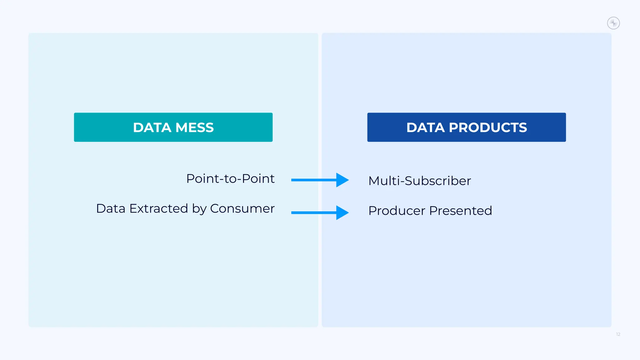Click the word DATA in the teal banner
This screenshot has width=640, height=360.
click(152, 127)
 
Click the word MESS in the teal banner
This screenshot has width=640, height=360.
click(194, 127)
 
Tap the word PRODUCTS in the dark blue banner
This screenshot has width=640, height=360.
click(488, 127)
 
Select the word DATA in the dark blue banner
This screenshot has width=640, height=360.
click(426, 127)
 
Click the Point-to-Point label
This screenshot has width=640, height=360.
click(230, 179)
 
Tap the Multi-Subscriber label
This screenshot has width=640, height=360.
click(419, 181)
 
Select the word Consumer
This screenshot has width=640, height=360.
click(242, 208)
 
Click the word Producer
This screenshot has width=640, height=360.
click(397, 211)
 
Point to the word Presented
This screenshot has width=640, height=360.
click(460, 211)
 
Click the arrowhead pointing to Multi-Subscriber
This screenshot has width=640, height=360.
click(342, 180)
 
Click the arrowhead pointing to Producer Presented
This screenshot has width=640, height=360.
click(342, 212)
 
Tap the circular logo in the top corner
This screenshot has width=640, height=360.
click(613, 23)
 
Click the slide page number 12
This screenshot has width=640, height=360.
click(618, 334)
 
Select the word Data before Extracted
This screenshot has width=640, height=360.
click(111, 208)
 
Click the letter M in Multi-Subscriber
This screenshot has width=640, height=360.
click(374, 181)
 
